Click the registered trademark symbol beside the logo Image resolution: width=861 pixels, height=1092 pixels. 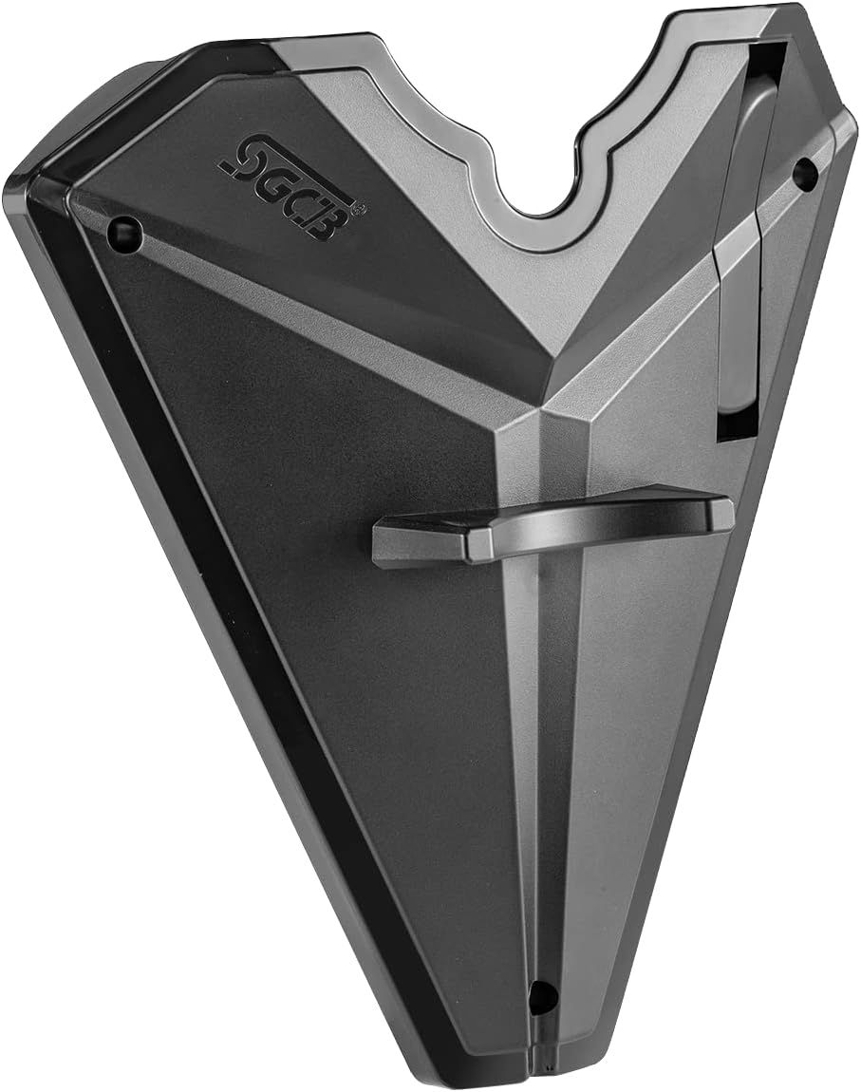360,207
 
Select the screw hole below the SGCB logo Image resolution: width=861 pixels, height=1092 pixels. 125,230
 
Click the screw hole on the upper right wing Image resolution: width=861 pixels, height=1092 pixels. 806,171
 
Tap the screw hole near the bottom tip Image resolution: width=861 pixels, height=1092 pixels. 542,997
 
